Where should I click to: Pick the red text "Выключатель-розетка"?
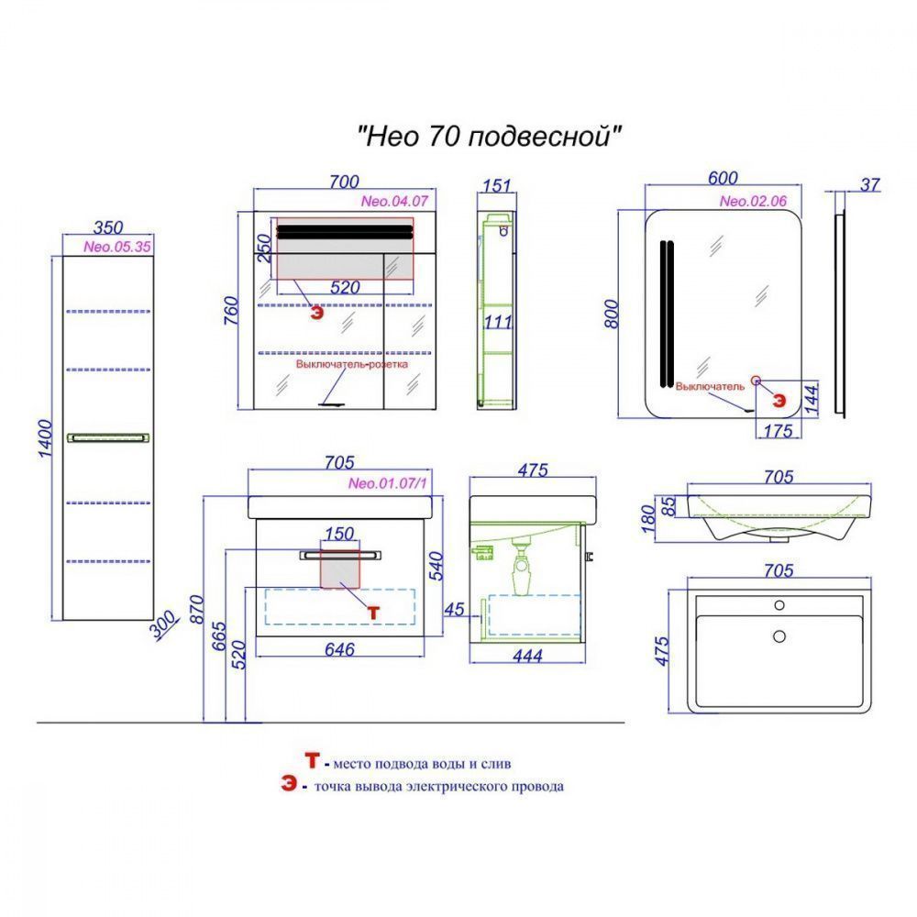point(351,364)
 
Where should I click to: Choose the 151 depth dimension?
point(495,186)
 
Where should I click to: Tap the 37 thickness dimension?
point(870,185)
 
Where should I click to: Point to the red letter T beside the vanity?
point(372,609)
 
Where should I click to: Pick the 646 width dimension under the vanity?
point(339,648)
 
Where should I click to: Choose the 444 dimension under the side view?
point(526,655)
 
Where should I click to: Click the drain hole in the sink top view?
point(779,635)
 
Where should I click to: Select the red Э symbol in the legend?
point(289,786)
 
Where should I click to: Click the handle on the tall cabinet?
point(107,436)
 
